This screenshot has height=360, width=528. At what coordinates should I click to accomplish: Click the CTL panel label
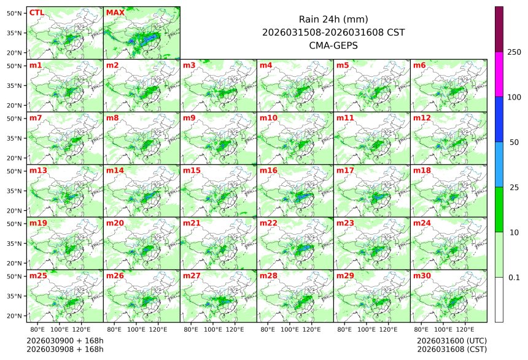(36, 13)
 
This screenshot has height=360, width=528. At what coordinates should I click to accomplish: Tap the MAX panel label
(115, 13)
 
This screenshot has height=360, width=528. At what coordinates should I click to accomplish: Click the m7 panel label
(36, 117)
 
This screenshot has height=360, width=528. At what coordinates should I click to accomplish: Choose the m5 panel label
(343, 65)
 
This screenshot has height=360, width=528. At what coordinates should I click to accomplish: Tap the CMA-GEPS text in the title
(333, 45)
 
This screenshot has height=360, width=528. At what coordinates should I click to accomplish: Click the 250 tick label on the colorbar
(514, 52)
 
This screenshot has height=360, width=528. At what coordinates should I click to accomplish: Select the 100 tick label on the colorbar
(514, 97)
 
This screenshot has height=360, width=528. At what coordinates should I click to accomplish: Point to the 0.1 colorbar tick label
(514, 278)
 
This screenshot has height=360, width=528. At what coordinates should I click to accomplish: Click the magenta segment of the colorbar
(499, 74)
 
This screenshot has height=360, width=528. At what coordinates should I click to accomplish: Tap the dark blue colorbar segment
(499, 119)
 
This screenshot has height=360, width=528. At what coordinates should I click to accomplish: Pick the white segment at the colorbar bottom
(499, 299)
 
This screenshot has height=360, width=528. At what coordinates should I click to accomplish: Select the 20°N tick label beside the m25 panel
(15, 316)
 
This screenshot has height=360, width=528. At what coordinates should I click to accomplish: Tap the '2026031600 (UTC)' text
(451, 340)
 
